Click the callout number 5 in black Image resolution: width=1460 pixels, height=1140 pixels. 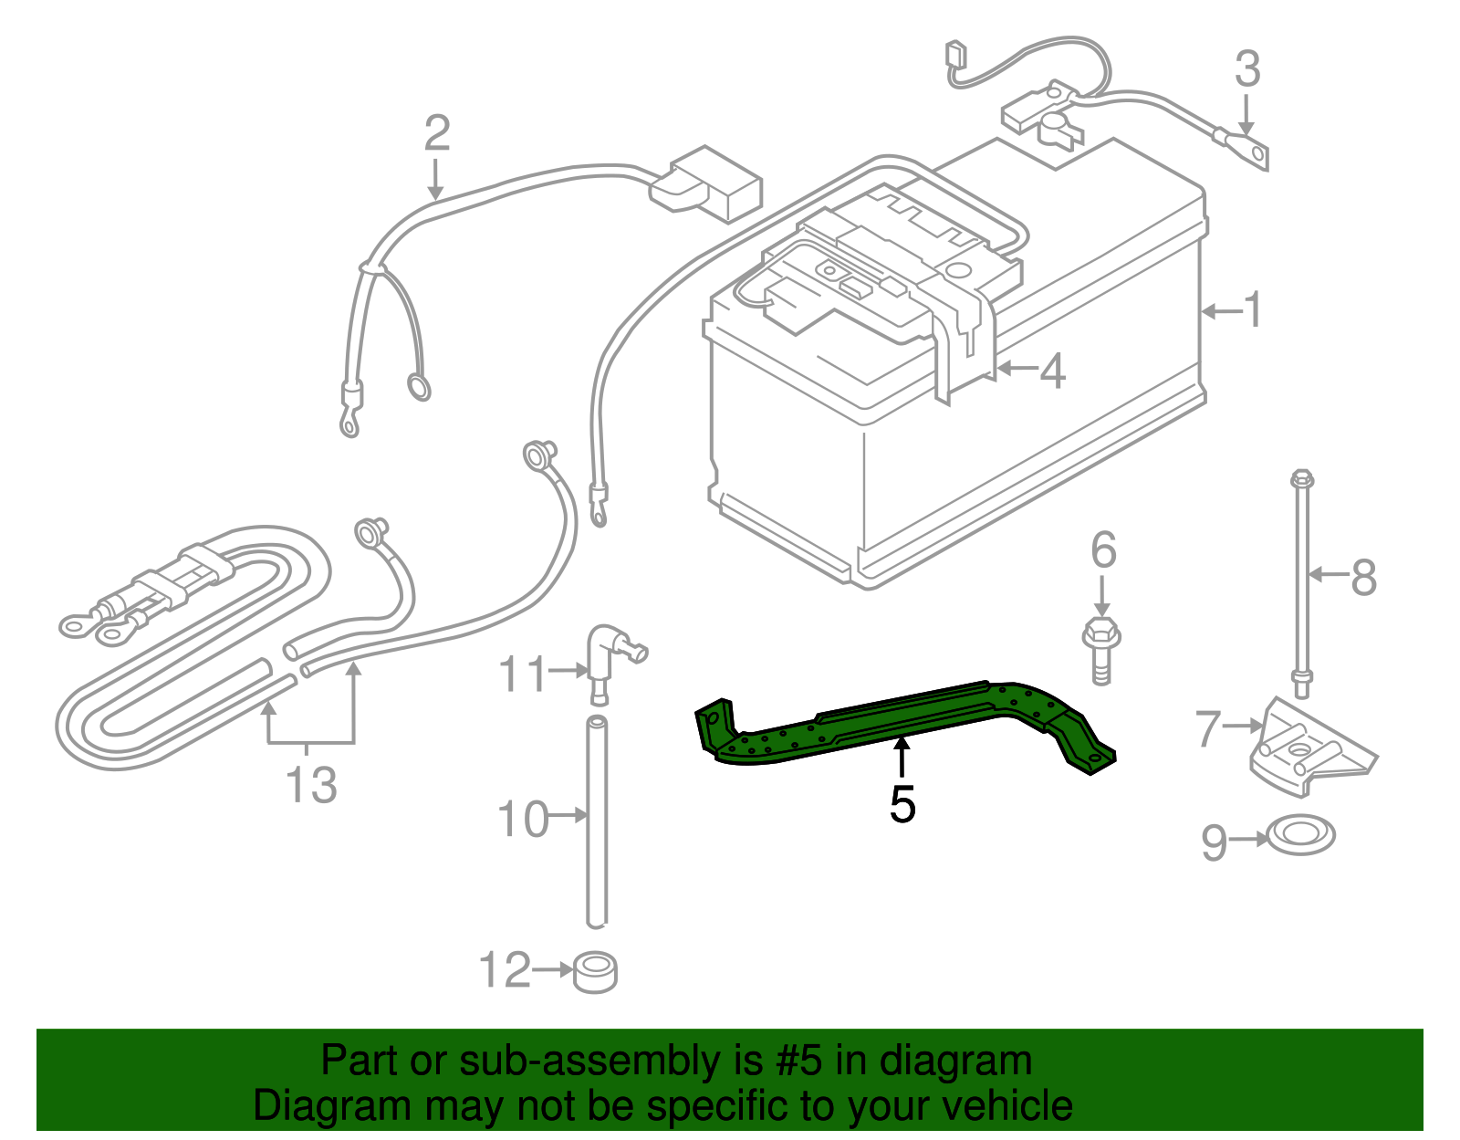coord(902,804)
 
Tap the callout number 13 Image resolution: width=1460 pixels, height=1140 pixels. coord(311,785)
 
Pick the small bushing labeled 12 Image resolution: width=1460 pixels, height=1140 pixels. coord(595,973)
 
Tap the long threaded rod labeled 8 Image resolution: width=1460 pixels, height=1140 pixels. coord(1301,584)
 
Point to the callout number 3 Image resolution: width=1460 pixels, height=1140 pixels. coord(1247,70)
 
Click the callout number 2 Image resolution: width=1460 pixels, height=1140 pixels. coord(437,133)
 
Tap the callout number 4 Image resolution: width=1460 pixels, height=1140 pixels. coord(1052,371)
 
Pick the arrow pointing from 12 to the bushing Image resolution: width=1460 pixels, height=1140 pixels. coord(552,969)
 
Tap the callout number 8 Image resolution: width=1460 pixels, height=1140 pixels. coord(1363,577)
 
